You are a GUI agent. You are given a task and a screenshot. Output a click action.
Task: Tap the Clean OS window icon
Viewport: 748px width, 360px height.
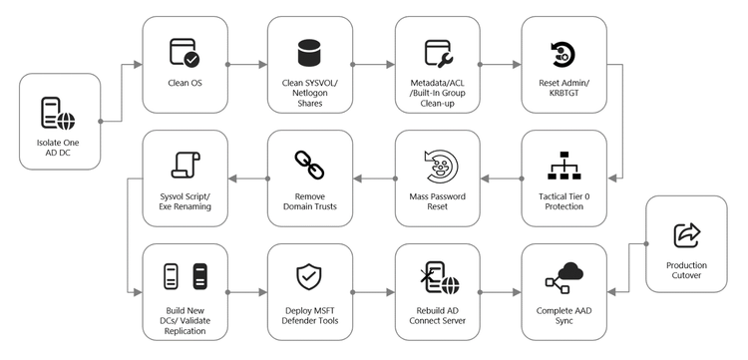coord(184,51)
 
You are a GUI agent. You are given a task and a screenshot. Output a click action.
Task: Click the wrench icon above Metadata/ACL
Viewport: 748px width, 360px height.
coord(439,52)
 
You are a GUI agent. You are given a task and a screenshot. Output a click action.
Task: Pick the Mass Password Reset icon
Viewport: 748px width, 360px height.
coord(439,164)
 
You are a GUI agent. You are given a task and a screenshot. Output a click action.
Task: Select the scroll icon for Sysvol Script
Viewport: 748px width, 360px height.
coord(184,164)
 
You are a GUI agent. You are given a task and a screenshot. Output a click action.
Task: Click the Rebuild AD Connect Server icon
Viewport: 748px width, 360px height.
coord(439,276)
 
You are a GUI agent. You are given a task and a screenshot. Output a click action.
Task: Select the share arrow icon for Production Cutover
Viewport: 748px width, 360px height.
coord(687,234)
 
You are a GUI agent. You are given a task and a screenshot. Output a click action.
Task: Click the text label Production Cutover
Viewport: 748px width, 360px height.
coord(687,270)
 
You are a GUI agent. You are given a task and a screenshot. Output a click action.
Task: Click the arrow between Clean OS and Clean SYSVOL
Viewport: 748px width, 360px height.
coord(245,64)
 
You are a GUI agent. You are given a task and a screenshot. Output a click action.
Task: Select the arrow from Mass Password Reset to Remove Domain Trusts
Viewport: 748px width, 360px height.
coord(371,179)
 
